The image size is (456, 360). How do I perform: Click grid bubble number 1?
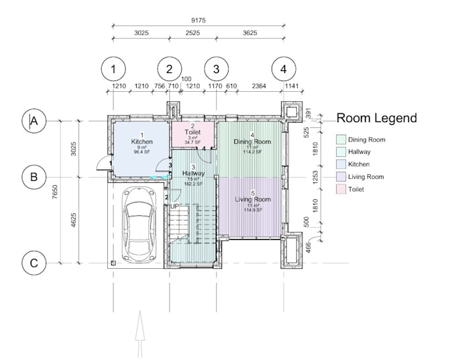(114, 68)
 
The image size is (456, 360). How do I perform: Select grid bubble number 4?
(284, 68)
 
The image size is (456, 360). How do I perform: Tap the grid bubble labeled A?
(33, 121)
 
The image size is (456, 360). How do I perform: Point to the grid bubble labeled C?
(33, 263)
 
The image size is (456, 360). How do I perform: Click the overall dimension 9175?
(197, 21)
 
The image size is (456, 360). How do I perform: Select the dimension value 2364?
(258, 86)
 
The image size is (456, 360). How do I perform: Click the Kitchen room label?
(141, 141)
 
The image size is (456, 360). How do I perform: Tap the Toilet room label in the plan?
(192, 133)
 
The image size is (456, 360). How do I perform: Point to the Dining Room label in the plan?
(251, 142)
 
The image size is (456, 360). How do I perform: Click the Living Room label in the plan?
(252, 200)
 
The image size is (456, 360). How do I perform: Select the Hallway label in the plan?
(193, 174)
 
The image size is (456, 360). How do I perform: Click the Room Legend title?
(376, 119)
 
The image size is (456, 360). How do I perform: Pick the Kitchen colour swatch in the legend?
(341, 164)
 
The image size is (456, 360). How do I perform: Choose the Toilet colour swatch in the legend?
(341, 189)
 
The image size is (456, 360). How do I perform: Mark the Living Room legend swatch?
(341, 177)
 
